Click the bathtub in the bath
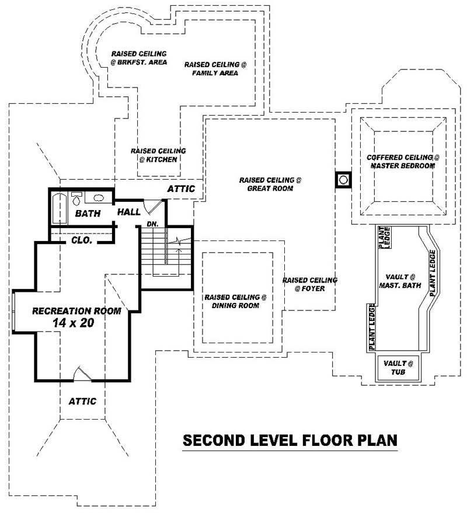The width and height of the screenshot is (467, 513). coord(57,208)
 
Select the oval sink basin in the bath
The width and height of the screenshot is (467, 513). coord(99,198)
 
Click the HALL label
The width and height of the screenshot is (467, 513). coord(128,212)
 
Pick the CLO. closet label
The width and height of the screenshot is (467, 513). coord(81,239)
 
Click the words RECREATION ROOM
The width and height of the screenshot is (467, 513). coord(76,310)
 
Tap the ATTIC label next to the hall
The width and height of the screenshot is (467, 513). coord(181,189)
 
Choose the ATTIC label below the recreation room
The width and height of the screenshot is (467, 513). coord(82,402)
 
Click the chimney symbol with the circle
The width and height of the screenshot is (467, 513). coord(343,180)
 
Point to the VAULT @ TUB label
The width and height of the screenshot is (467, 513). coord(398,368)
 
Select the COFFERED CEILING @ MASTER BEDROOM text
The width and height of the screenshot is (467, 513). coord(402,162)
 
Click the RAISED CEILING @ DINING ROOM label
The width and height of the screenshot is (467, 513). coord(235,301)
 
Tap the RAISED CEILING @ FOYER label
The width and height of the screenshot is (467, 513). coord(310,284)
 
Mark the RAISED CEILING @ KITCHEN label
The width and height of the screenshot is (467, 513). coord(158,155)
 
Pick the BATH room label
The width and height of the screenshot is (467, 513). coord(88,214)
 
